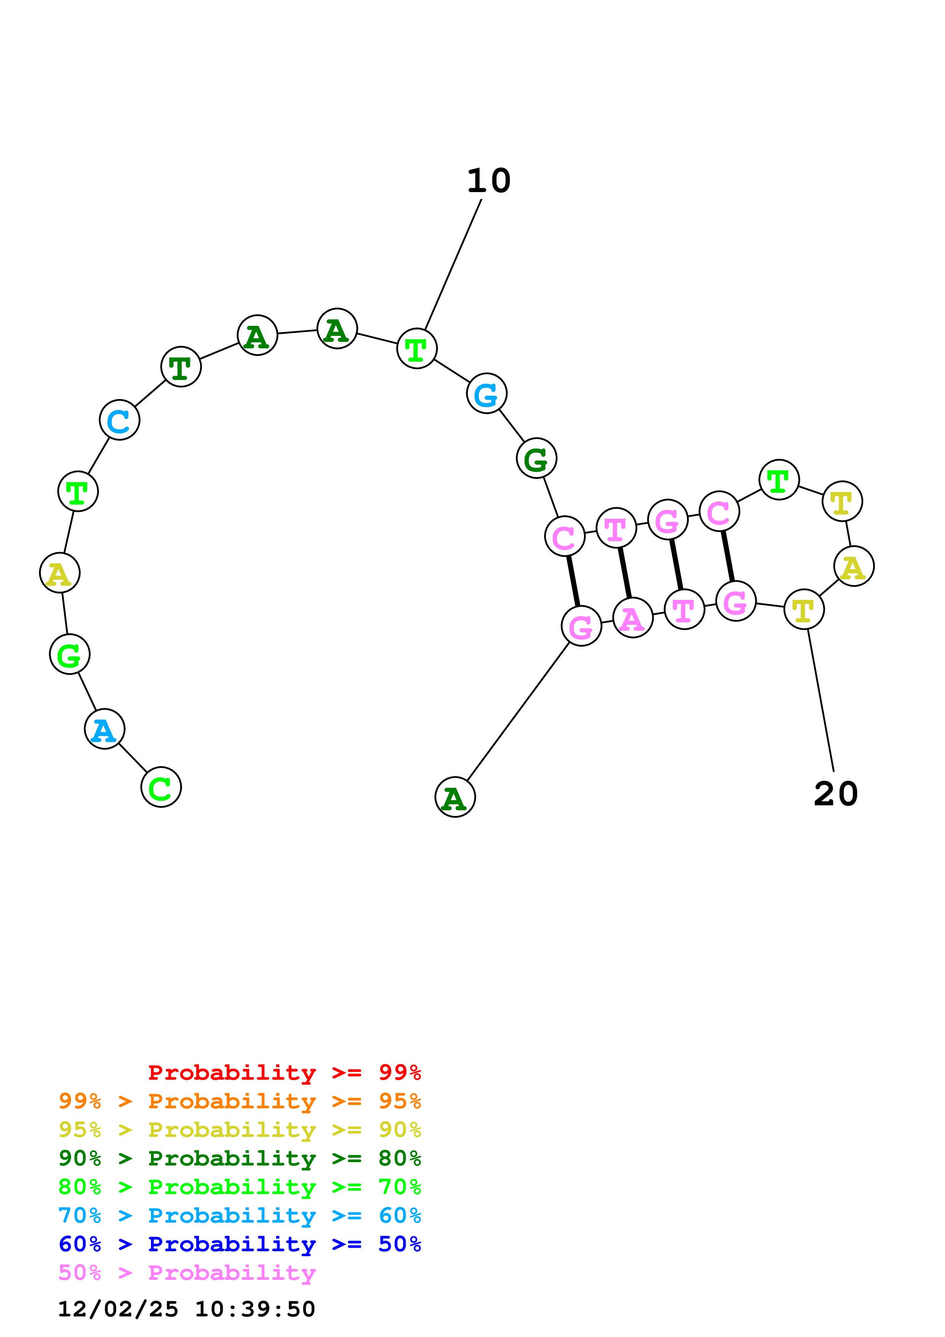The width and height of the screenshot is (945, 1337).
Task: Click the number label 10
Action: pyautogui.click(x=489, y=181)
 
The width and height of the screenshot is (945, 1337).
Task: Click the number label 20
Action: pyautogui.click(x=836, y=794)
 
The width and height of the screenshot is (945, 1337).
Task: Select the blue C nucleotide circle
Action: pyautogui.click(x=119, y=420)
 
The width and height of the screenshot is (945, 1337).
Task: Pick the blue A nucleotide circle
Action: pyautogui.click(x=104, y=729)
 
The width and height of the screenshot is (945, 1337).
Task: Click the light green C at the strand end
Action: pyautogui.click(x=161, y=787)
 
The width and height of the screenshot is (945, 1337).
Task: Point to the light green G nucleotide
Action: pyautogui.click(x=69, y=654)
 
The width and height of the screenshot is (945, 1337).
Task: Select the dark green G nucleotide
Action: pyautogui.click(x=536, y=458)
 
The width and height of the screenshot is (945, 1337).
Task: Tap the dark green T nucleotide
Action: pyautogui.click(x=181, y=367)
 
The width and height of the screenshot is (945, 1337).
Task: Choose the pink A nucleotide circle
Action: pyautogui.click(x=632, y=618)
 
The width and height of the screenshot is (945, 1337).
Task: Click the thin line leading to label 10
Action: pyautogui.click(x=453, y=265)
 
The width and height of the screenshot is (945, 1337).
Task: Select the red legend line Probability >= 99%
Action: pyautogui.click(x=284, y=1072)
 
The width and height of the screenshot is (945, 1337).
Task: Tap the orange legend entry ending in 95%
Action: pyautogui.click(x=239, y=1101)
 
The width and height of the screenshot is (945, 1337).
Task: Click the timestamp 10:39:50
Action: pyautogui.click(x=254, y=1310)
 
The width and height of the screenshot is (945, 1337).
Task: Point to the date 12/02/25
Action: pyautogui.click(x=118, y=1310)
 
